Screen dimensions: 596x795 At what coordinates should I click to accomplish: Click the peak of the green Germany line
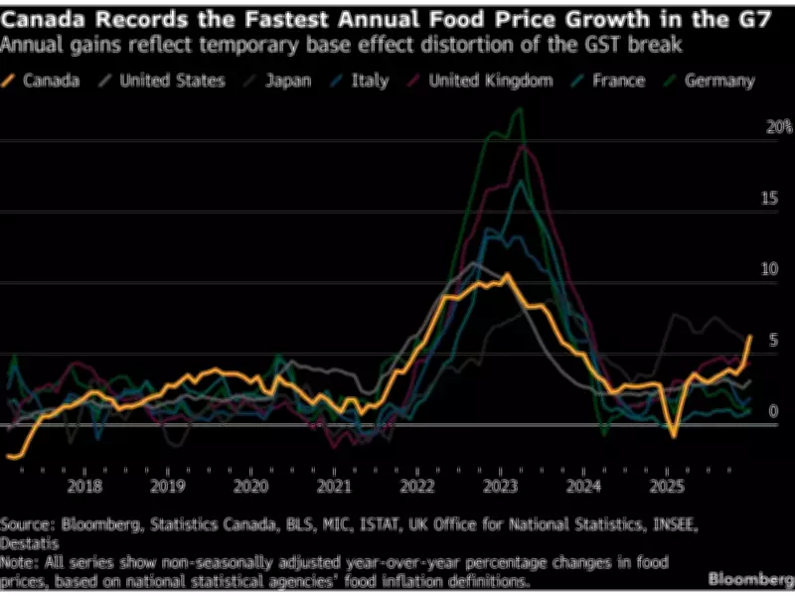coord(518,109)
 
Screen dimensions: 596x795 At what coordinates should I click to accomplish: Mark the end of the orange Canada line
coord(749,337)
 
